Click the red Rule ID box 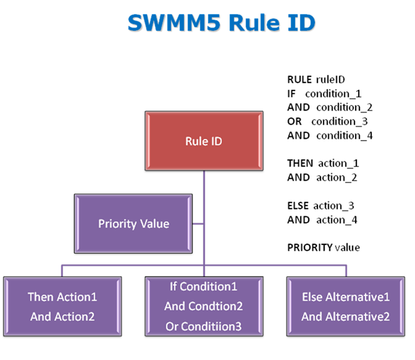click(x=203, y=141)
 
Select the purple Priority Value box click(x=133, y=223)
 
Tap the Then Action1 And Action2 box click(x=62, y=306)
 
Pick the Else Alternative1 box click(x=345, y=306)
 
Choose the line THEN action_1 click(x=322, y=163)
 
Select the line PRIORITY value click(x=323, y=247)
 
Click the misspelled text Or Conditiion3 click(x=203, y=326)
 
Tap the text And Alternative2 click(x=345, y=316)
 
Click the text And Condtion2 click(x=203, y=306)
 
